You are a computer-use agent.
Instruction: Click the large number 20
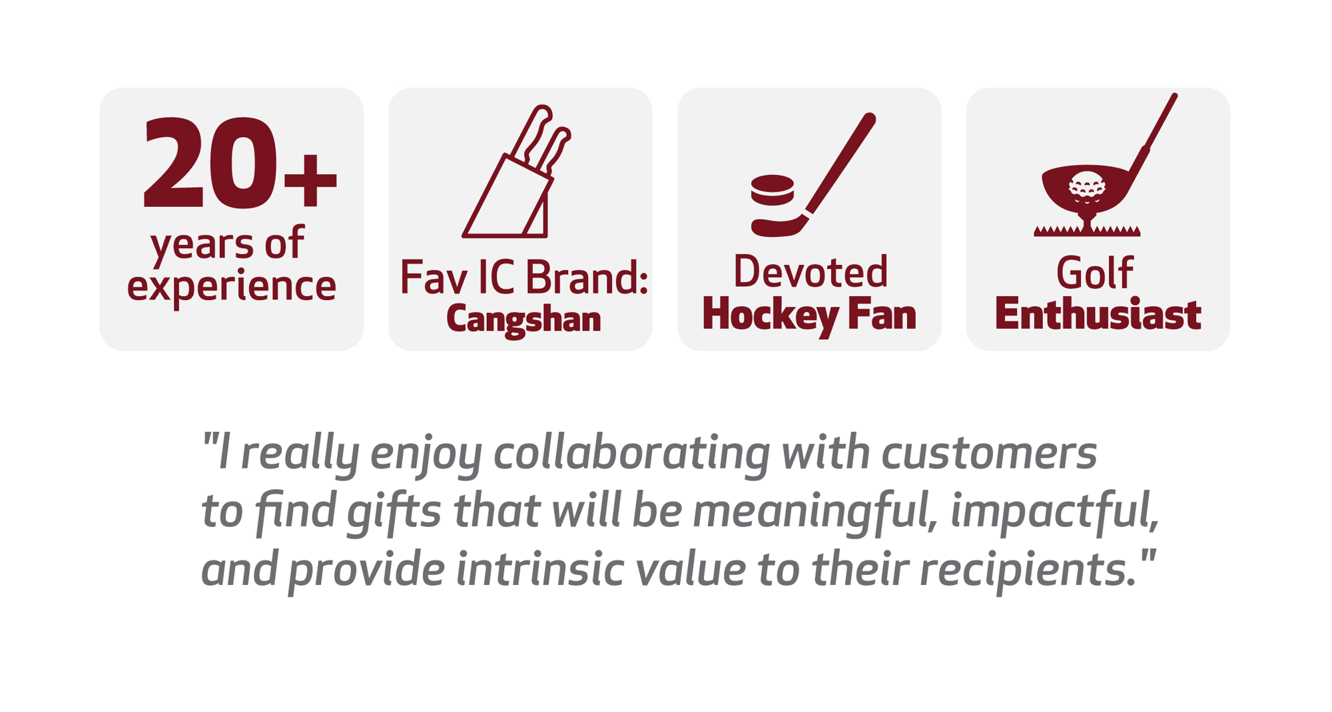[210, 163]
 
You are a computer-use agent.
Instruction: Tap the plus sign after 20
[310, 179]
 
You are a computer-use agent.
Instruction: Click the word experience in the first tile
[232, 287]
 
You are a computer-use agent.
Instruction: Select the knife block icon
[517, 172]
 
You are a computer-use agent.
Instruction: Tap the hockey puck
[773, 191]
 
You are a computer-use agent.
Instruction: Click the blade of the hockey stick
[779, 226]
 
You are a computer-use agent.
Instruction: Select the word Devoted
[811, 271]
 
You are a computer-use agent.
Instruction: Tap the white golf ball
[1087, 186]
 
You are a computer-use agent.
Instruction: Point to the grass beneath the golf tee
[1087, 231]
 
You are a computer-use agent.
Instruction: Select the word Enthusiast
[1098, 314]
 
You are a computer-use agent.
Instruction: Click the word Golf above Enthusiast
[1095, 273]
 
